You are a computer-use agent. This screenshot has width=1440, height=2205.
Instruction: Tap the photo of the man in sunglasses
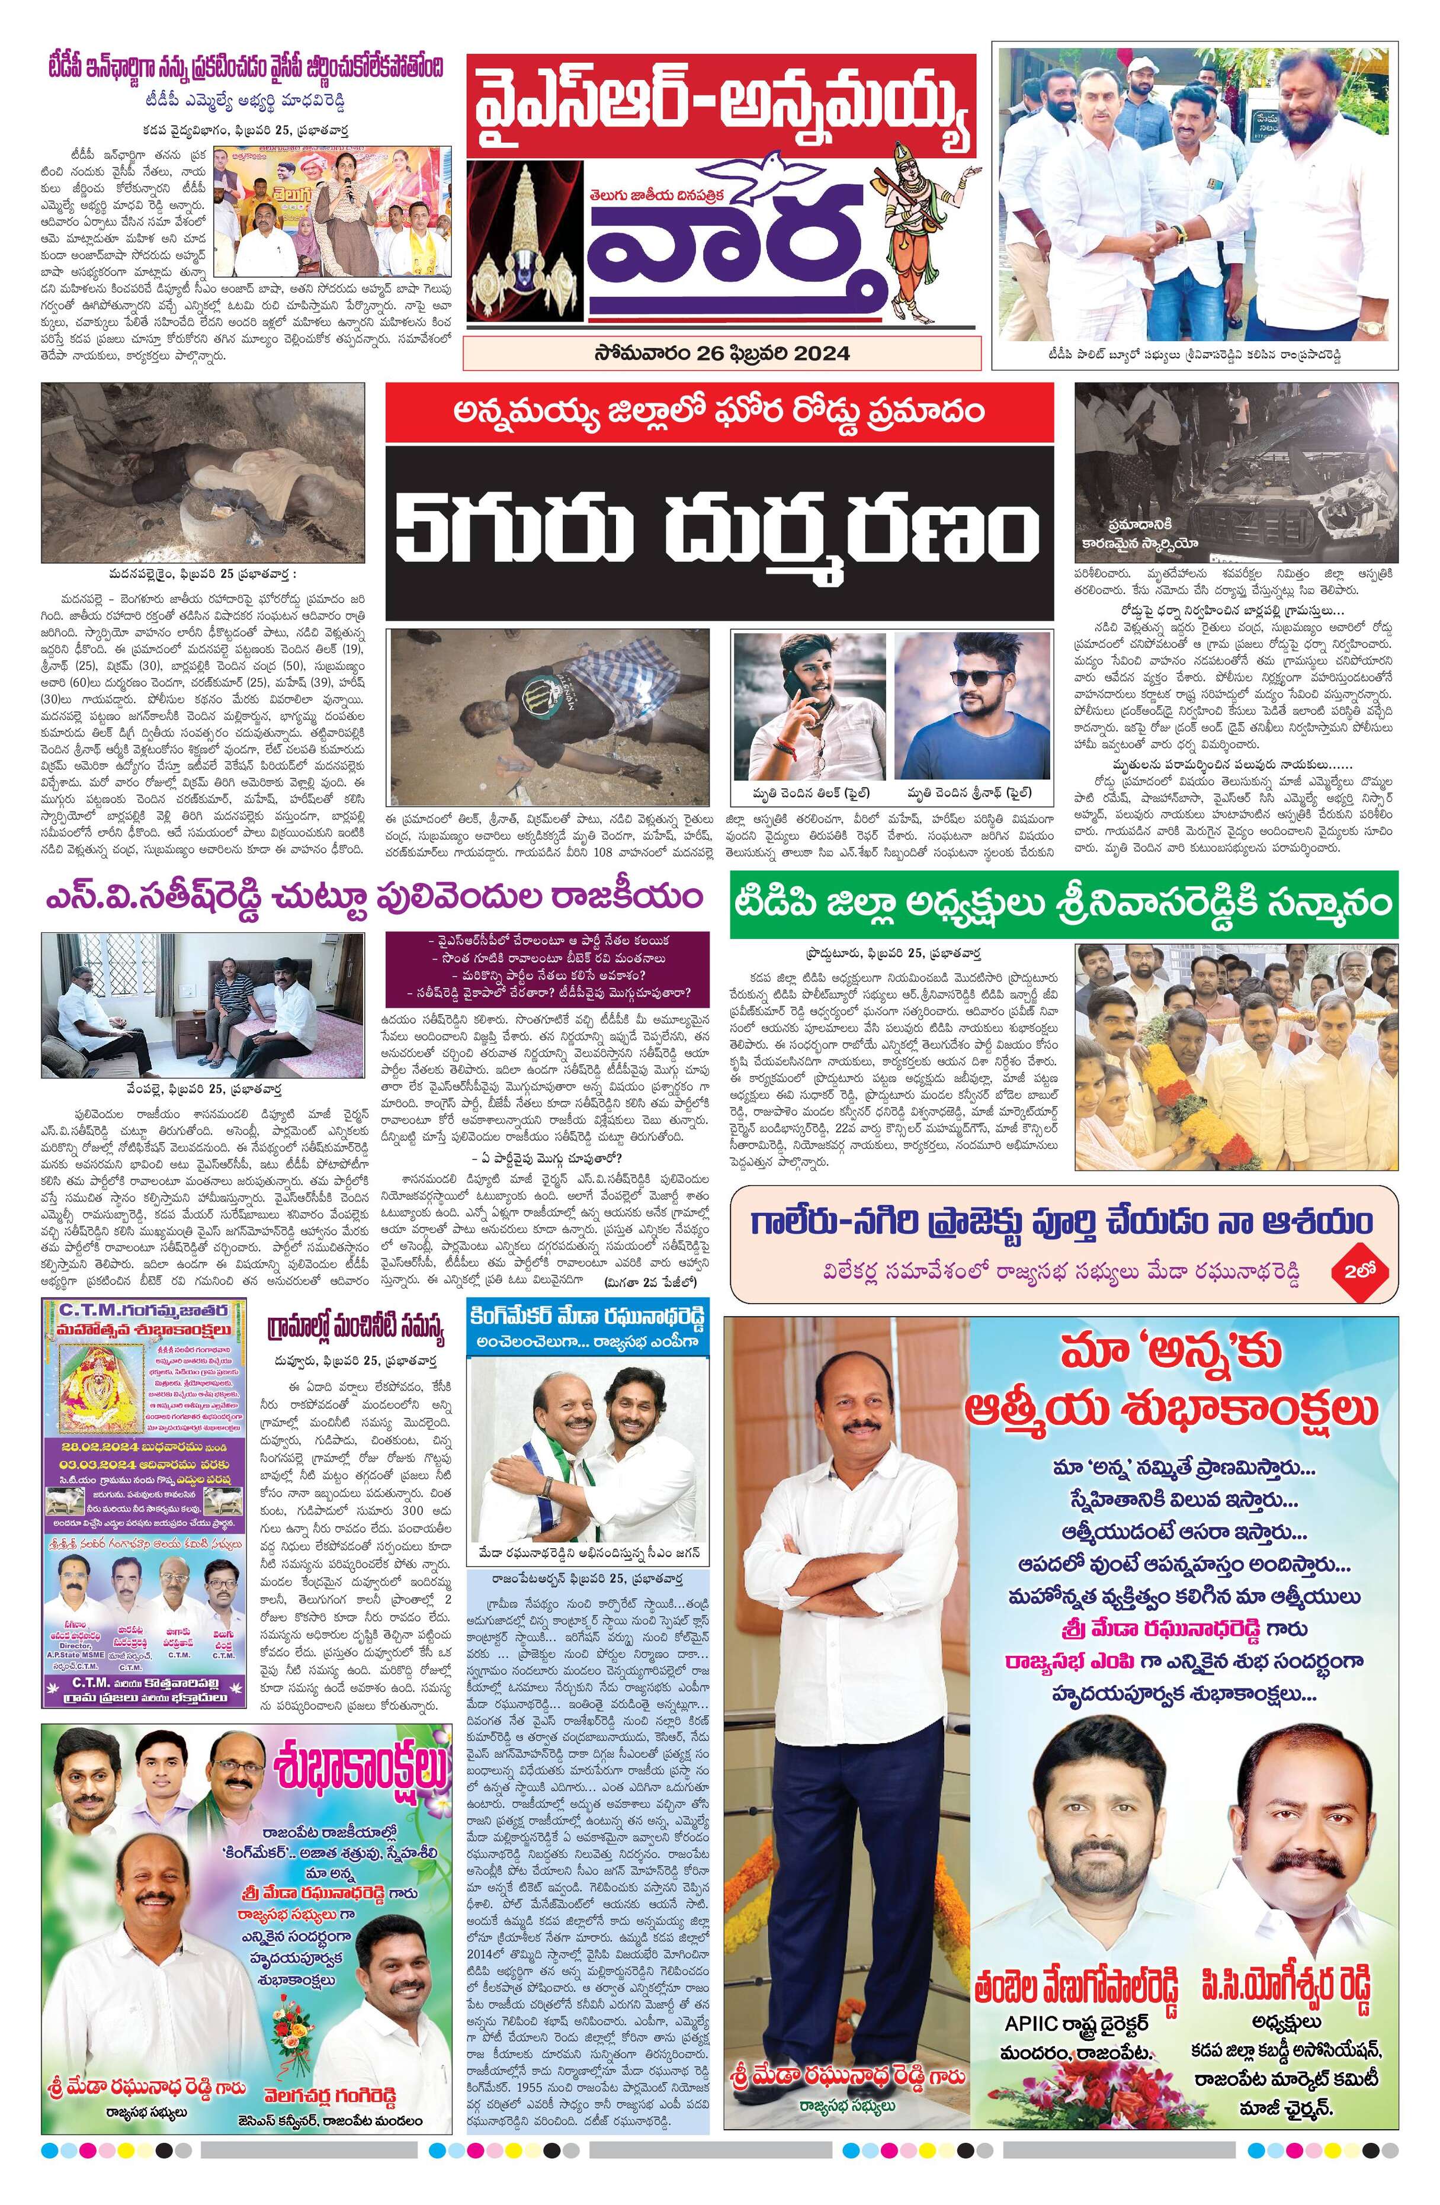click(972, 708)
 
